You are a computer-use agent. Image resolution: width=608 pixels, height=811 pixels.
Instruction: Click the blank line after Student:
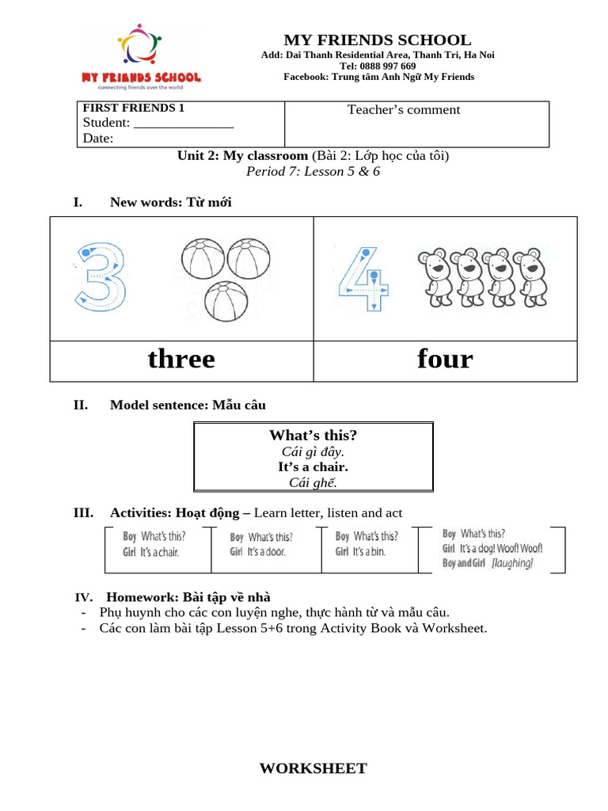pos(184,124)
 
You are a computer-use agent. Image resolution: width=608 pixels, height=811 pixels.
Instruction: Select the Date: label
pos(98,139)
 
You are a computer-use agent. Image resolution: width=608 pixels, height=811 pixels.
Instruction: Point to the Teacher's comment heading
pos(404,110)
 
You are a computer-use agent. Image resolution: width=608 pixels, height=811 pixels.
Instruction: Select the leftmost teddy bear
pos(435,277)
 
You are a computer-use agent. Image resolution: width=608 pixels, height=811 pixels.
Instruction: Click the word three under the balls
pos(181,360)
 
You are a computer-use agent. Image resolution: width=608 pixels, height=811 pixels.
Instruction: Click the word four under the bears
pos(445,360)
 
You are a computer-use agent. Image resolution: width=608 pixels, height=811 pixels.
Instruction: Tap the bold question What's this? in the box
pos(313,436)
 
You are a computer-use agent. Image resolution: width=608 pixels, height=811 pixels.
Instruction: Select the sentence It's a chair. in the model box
pos(313,467)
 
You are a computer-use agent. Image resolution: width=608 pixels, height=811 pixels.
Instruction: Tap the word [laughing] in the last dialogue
pos(512,563)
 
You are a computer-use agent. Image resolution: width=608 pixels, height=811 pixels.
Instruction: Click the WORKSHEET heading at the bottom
pos(313,768)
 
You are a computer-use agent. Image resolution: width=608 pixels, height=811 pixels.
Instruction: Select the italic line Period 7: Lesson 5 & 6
pos(313,172)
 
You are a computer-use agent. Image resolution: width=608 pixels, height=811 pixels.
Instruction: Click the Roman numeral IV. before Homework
pos(84,597)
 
